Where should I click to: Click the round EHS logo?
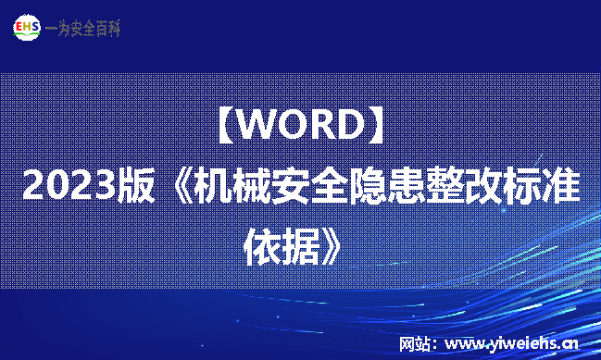(x=27, y=28)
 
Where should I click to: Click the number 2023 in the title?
(x=68, y=188)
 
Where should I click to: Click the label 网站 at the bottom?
(x=413, y=344)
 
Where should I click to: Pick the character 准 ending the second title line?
(x=562, y=188)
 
